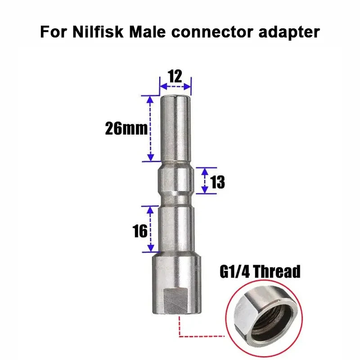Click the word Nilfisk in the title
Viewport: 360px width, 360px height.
pos(98,31)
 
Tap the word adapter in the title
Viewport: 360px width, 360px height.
pos(289,32)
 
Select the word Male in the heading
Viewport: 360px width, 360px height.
pos(148,31)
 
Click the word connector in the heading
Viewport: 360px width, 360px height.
pos(212,32)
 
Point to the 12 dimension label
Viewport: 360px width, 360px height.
pos(175,76)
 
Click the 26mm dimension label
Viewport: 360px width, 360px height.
pos(126,129)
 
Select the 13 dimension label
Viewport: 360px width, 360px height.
pos(217,182)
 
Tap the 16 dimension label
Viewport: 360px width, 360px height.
pos(140,231)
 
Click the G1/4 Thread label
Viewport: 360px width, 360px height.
pos(260,272)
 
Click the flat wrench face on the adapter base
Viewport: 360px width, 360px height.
pos(176,301)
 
